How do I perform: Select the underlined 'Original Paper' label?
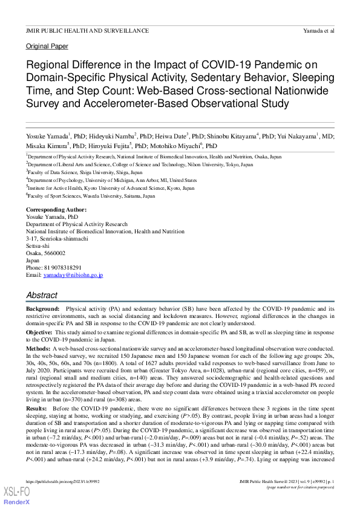point(47,47)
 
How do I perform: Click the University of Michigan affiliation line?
point(112,180)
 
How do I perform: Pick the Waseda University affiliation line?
point(91,196)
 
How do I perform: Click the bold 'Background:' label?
point(42,308)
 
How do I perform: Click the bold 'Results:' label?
point(38,409)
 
